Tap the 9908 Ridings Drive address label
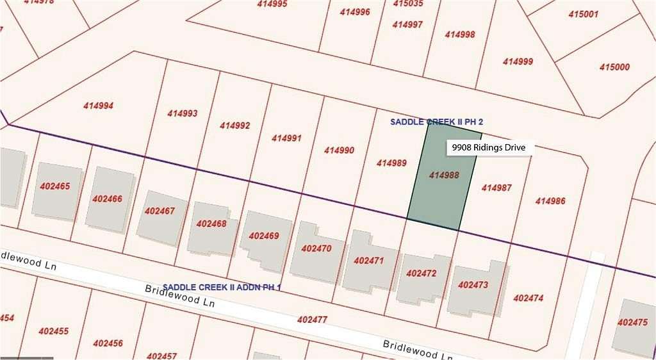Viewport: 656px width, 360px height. pyautogui.click(x=489, y=148)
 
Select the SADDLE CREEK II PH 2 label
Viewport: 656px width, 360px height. pyautogui.click(x=436, y=121)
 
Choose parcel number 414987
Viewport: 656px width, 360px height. pyautogui.click(x=496, y=188)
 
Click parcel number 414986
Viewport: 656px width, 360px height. pyautogui.click(x=550, y=201)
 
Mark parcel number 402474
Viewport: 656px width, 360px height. pyautogui.click(x=529, y=298)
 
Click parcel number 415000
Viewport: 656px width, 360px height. pyautogui.click(x=614, y=67)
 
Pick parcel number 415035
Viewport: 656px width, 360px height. pyautogui.click(x=408, y=3)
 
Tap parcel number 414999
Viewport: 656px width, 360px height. pyautogui.click(x=518, y=61)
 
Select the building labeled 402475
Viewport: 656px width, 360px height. pyautogui.click(x=633, y=324)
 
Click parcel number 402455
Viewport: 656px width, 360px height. pyautogui.click(x=54, y=331)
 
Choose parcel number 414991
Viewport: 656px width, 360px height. pyautogui.click(x=286, y=138)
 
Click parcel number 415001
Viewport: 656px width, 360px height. pyautogui.click(x=582, y=14)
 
